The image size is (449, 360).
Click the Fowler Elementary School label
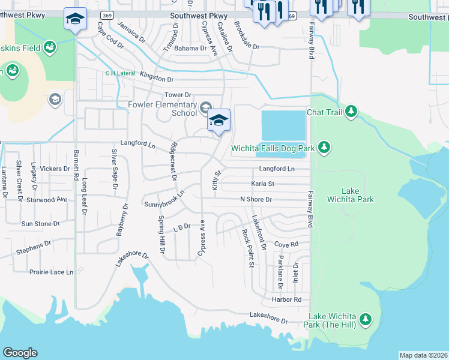coord(162,109)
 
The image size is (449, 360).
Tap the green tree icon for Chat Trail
coord(351,112)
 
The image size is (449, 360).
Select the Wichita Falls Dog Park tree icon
coord(324,148)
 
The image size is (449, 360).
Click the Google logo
coord(20,353)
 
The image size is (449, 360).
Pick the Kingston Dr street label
coord(157,79)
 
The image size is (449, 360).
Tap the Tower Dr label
coord(178,95)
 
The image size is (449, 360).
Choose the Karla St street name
coord(262,184)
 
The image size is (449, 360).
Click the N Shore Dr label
coord(256,199)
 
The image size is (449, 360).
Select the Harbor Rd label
coord(286,299)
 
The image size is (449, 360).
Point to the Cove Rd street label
coord(286,244)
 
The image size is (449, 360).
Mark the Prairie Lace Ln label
coord(51,272)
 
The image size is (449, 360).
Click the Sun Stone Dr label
coord(41,224)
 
